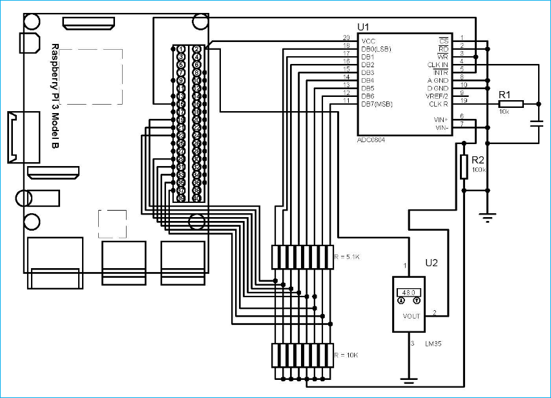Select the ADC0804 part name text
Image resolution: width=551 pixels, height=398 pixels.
pos(371,140)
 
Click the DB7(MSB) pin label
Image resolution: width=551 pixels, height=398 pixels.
pos(377,103)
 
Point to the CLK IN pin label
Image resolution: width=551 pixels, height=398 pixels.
pos(437,65)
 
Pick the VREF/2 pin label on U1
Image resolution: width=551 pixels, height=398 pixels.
pos(437,96)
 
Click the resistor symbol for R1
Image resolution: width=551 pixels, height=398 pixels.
pos(510,103)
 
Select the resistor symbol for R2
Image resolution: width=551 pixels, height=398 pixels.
pos(464,167)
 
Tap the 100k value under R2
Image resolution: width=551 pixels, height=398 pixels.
pos(479,169)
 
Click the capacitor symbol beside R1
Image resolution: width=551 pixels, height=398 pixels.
pos(536,124)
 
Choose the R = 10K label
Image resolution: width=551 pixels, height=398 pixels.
pos(346,355)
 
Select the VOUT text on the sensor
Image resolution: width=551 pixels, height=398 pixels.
pos(411,316)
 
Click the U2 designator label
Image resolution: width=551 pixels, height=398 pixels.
pos(431,263)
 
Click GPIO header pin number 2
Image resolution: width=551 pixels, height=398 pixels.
pos(196,49)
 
